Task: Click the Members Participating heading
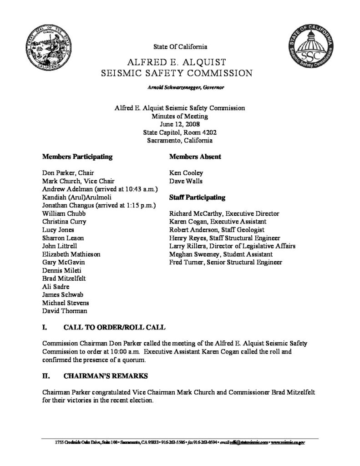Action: [x=77, y=157]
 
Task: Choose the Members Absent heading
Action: [x=195, y=157]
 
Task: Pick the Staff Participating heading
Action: [x=198, y=198]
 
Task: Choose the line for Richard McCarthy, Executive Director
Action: [x=224, y=213]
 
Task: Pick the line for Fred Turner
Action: [x=225, y=263]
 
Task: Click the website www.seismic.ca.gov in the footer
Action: [x=288, y=442]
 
